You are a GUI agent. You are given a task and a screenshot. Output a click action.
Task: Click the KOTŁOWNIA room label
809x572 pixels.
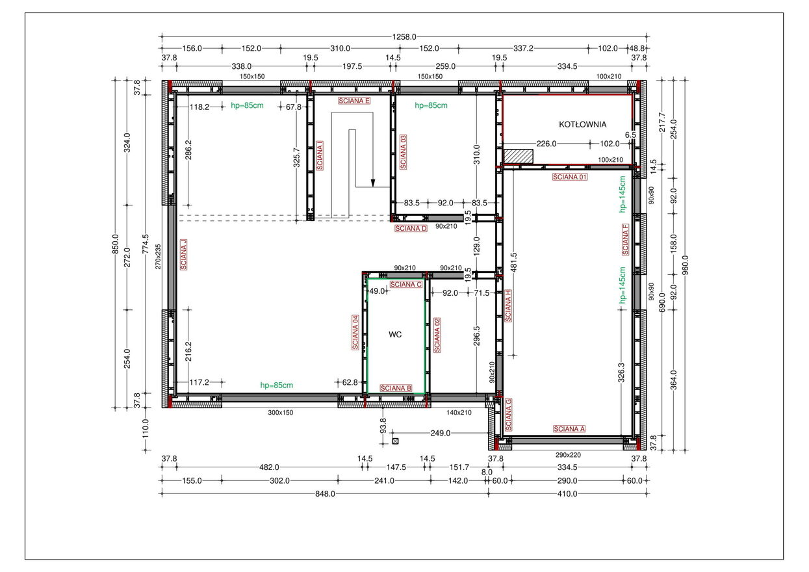582,124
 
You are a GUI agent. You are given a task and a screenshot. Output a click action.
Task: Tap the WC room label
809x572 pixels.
395,335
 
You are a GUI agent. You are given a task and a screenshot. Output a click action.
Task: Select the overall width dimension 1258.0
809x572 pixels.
404,37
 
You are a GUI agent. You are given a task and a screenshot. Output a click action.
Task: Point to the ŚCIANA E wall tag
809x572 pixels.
354,101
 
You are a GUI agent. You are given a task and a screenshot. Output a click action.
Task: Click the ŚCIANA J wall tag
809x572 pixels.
183,254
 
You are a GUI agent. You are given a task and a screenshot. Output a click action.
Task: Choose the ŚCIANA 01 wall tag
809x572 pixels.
570,177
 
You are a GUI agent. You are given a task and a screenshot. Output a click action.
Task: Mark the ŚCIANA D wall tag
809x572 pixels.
411,228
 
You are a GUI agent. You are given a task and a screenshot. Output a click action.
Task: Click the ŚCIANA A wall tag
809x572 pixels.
569,429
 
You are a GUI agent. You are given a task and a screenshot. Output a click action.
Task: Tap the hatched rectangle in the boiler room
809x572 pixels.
519,157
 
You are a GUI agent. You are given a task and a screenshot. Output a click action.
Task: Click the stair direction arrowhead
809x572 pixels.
373,183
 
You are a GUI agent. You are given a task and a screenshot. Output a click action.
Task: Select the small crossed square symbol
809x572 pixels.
396,441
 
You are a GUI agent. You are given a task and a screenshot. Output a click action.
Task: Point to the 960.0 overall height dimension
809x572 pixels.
686,265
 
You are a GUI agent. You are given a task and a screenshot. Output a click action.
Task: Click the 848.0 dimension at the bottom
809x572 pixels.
325,493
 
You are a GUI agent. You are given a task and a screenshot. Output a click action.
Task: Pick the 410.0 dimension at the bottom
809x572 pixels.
567,493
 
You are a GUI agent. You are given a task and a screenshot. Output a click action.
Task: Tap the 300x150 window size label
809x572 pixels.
281,413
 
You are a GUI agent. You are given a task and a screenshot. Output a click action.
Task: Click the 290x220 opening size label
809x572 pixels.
568,455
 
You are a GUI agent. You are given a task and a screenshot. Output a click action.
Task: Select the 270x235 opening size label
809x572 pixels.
158,257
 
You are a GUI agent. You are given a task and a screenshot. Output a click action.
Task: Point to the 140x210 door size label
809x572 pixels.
459,413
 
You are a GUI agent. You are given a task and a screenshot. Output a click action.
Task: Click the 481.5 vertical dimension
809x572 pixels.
514,263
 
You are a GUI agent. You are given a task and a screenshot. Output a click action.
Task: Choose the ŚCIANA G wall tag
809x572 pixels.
509,415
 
